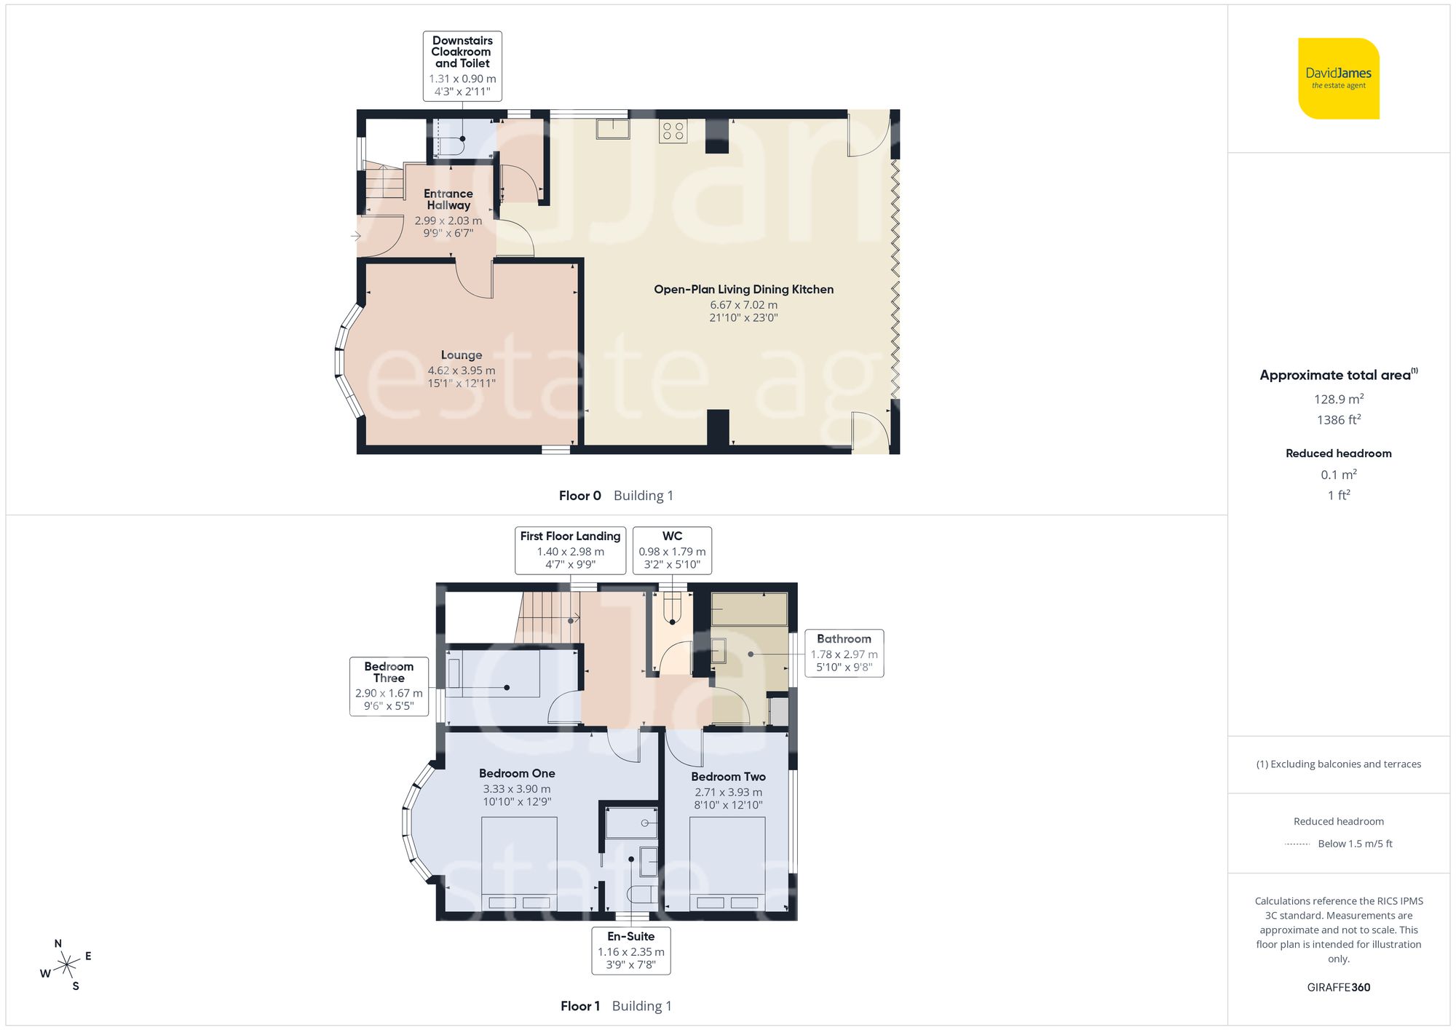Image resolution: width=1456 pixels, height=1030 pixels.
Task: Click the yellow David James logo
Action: pyautogui.click(x=1338, y=79)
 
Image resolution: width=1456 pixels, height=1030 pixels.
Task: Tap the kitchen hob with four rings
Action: pyautogui.click(x=673, y=131)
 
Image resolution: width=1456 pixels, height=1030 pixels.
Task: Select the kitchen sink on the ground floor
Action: pyautogui.click(x=613, y=129)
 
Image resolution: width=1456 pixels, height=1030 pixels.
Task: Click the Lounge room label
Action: pyautogui.click(x=462, y=355)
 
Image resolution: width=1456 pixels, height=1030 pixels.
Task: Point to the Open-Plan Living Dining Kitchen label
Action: pyautogui.click(x=743, y=290)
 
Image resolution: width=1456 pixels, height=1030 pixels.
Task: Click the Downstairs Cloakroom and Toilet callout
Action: pyautogui.click(x=462, y=66)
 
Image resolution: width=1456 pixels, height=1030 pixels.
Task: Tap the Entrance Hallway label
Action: pyautogui.click(x=448, y=199)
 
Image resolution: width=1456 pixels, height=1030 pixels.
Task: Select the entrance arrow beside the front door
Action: pyautogui.click(x=356, y=236)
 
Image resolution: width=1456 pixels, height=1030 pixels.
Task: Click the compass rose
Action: pyautogui.click(x=66, y=965)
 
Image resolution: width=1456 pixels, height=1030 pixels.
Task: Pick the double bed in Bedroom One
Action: pyautogui.click(x=519, y=863)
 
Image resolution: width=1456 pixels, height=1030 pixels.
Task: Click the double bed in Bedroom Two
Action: pyautogui.click(x=727, y=863)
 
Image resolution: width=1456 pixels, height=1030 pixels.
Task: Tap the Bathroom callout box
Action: pyautogui.click(x=844, y=653)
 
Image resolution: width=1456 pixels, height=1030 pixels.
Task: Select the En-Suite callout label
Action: pyautogui.click(x=630, y=949)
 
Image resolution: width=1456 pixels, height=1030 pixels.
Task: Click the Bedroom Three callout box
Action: pyautogui.click(x=389, y=686)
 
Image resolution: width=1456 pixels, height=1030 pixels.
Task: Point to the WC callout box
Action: pyautogui.click(x=672, y=550)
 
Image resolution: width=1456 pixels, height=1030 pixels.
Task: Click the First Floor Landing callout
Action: pyautogui.click(x=570, y=550)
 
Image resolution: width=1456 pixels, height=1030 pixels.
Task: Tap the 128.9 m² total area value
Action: pyautogui.click(x=1338, y=399)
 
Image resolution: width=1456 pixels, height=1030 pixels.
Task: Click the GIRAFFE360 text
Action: pyautogui.click(x=1338, y=987)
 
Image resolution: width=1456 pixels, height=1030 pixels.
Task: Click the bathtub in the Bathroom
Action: pyautogui.click(x=749, y=609)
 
